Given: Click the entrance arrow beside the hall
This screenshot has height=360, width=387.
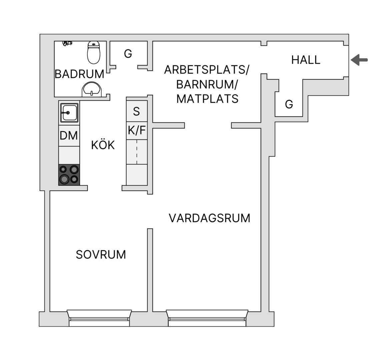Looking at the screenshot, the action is (359, 60).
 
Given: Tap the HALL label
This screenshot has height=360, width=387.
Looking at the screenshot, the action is (306, 60).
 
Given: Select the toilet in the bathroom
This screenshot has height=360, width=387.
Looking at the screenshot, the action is (94, 52).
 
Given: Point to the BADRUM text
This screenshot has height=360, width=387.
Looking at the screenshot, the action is (79, 74).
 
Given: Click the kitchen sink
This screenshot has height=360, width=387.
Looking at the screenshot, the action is (69, 113).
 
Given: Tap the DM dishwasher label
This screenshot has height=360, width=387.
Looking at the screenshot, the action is (69, 136).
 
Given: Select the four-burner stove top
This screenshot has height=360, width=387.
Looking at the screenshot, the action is (69, 175).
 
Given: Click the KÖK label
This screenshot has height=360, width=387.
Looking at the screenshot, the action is (103, 145).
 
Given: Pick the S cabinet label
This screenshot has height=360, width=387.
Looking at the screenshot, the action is (136, 112).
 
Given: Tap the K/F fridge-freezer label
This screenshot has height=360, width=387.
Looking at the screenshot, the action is (137, 130).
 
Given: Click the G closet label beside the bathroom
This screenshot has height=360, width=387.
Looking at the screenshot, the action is (128, 54).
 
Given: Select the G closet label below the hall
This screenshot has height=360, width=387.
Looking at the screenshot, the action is (289, 104).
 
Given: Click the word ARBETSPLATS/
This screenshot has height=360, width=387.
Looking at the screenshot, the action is (207, 70).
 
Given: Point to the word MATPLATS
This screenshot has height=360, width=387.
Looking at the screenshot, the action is (207, 99).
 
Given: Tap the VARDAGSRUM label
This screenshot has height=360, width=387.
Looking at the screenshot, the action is (209, 218).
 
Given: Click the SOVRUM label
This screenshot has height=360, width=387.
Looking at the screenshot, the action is (101, 255).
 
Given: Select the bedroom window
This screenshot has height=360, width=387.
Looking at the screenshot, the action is (99, 318).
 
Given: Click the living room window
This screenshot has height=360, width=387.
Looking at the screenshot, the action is (207, 318).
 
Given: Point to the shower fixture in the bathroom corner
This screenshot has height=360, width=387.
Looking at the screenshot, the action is (67, 43).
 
